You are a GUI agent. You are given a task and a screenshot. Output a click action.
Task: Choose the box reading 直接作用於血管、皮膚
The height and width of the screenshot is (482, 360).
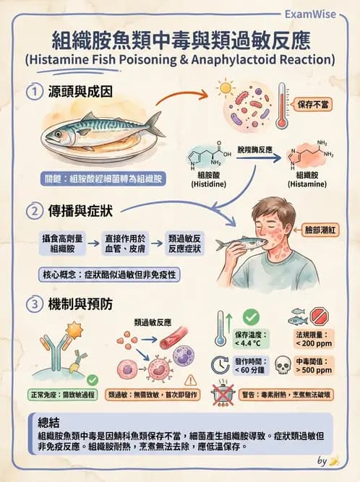(x=121, y=243)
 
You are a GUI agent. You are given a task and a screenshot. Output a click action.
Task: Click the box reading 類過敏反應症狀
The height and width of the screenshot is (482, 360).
(x=184, y=243)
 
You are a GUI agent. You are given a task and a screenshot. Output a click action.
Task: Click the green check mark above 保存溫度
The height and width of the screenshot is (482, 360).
(x=251, y=317)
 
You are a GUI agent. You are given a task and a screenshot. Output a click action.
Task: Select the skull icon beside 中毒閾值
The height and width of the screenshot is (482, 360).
(x=283, y=364)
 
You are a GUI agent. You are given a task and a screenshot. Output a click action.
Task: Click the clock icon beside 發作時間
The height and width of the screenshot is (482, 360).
(x=220, y=364)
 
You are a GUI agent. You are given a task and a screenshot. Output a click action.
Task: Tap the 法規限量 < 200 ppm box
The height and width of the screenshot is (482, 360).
(x=313, y=340)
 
